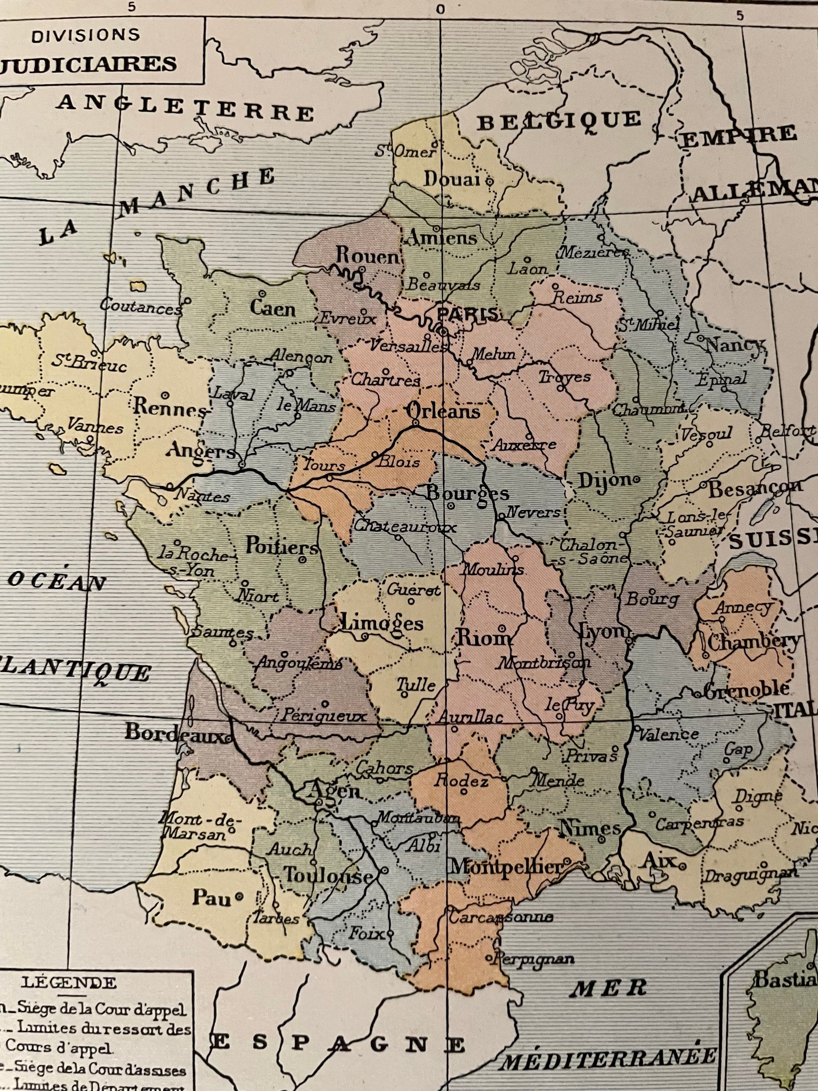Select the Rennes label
pos(169,408)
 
